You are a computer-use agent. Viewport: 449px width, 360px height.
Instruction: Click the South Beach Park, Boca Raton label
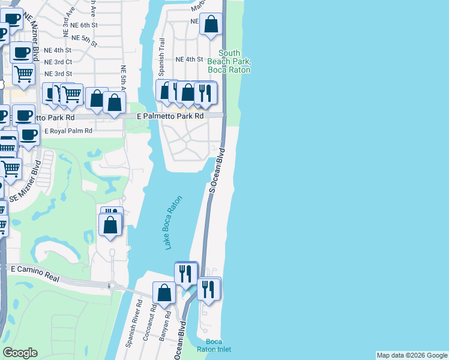[x=229, y=62]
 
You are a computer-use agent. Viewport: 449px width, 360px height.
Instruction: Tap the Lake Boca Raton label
[x=173, y=223]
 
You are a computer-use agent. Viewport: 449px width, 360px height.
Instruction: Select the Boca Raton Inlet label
[x=214, y=345]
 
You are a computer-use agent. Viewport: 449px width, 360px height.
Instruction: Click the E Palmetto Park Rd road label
[x=170, y=116]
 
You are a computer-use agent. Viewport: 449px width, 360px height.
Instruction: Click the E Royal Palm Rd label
[x=68, y=131]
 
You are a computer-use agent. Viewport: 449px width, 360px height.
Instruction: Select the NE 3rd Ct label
[x=58, y=62]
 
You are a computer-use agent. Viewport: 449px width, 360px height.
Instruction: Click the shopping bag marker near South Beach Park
[x=211, y=25]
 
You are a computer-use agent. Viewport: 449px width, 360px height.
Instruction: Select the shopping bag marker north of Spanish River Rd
[x=164, y=292]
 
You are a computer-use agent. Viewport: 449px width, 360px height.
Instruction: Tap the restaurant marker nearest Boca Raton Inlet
[x=209, y=289]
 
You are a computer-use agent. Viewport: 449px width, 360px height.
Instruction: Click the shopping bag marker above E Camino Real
[x=110, y=225]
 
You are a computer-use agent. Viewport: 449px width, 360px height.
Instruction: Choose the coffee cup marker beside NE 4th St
[x=22, y=52]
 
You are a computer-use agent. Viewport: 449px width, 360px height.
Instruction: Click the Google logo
[x=20, y=353]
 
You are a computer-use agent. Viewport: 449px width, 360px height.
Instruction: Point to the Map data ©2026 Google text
[x=411, y=355]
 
